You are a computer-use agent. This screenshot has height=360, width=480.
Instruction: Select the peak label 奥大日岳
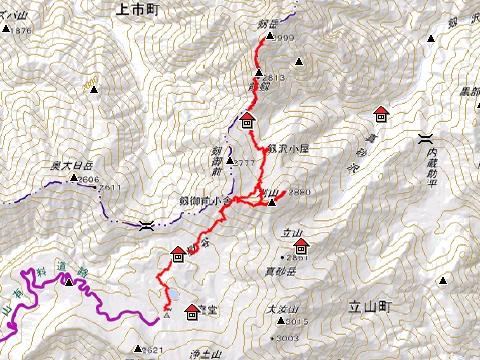[72, 167]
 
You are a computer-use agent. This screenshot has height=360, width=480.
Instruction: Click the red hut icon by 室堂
[192, 313]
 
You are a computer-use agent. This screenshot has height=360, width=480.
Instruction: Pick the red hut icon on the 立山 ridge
[177, 253]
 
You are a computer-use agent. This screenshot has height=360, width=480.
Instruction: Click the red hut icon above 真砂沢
[380, 113]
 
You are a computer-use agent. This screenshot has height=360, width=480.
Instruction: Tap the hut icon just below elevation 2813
[247, 122]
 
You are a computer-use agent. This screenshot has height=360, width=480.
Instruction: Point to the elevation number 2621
[152, 349]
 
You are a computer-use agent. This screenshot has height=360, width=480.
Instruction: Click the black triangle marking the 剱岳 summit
[269, 37]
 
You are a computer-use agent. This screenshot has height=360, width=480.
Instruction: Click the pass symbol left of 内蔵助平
[426, 141]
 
